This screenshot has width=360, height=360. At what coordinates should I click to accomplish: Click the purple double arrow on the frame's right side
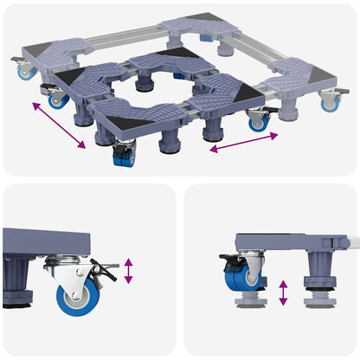243,143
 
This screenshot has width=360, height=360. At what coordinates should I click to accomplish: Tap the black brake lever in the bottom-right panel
229,259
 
